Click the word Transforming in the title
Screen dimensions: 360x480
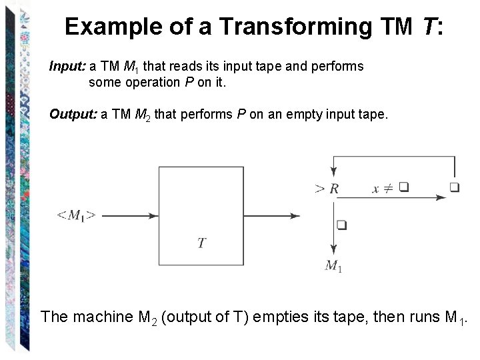297,27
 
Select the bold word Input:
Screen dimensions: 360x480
68,66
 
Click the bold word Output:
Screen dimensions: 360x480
73,114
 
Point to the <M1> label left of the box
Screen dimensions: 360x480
76,215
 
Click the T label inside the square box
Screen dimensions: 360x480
201,243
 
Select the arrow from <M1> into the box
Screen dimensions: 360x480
131,215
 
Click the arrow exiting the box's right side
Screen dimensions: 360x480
272,215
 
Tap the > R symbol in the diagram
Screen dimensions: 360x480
327,189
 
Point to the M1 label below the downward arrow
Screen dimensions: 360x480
333,266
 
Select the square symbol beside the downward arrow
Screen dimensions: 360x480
342,225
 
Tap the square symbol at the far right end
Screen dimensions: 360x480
454,187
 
